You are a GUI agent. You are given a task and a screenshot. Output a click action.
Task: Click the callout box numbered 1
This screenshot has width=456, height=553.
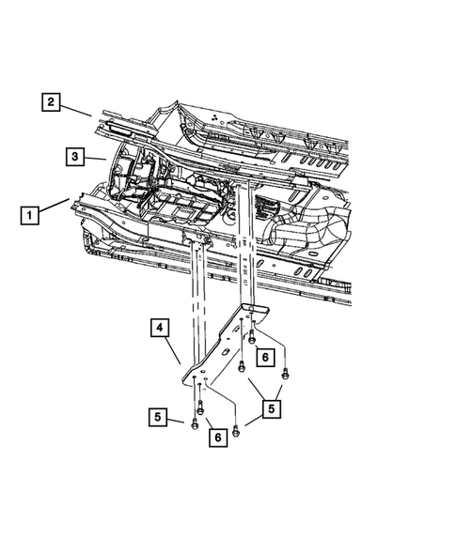pyautogui.click(x=32, y=216)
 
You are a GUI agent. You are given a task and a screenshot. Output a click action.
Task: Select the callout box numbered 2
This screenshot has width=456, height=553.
pyautogui.click(x=51, y=102)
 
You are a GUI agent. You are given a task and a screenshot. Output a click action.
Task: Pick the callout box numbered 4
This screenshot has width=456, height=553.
pyautogui.click(x=161, y=330)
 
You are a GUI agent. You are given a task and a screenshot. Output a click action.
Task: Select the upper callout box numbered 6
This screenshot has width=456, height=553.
pyautogui.click(x=266, y=357)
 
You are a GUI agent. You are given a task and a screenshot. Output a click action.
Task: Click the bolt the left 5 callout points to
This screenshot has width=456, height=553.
pyautogui.click(x=194, y=422)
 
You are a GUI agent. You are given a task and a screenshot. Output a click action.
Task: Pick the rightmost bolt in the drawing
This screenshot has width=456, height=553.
pyautogui.click(x=285, y=375)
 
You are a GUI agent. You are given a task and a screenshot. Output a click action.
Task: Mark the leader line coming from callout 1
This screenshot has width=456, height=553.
pyautogui.click(x=56, y=205)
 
